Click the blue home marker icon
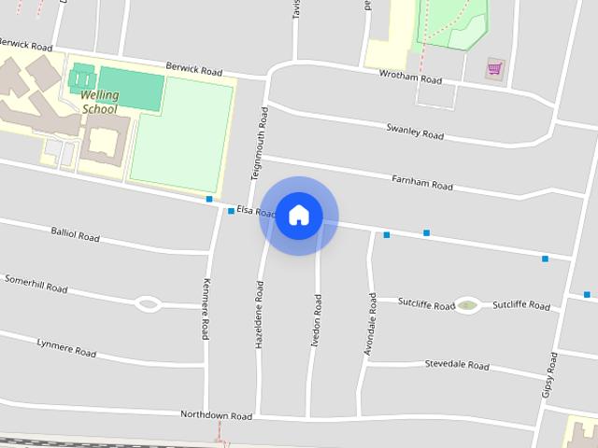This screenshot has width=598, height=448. [298, 216]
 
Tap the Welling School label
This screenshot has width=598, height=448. [99, 102]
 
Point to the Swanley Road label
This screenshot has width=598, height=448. [415, 132]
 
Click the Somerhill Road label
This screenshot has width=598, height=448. [36, 284]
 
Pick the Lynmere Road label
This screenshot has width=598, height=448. [66, 347]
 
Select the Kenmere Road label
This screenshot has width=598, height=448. [206, 309]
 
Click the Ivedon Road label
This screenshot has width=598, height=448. [316, 320]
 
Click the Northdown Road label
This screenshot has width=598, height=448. [217, 414]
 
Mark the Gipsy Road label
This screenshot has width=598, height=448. [548, 375]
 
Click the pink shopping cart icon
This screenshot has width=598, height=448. [494, 67]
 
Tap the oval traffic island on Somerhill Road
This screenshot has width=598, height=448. [148, 303]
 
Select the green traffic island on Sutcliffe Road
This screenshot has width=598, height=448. [467, 305]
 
